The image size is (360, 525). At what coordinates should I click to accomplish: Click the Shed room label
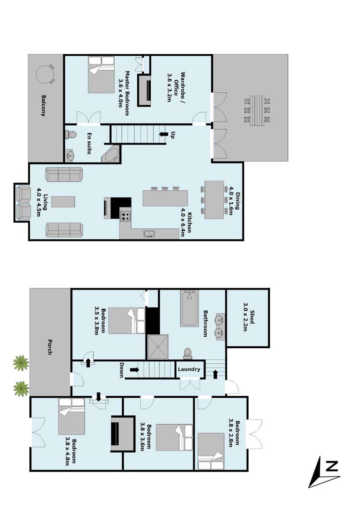click(249, 317)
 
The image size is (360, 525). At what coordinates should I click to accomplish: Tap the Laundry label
click(189, 369)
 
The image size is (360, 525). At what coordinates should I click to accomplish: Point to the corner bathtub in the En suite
click(112, 155)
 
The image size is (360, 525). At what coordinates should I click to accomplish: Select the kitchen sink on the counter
click(150, 234)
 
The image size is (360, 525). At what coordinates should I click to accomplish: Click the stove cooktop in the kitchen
click(125, 216)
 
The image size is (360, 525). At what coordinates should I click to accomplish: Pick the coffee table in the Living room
click(63, 202)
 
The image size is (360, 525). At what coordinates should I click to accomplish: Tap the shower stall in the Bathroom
click(158, 347)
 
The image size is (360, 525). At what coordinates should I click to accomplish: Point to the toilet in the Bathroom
click(188, 354)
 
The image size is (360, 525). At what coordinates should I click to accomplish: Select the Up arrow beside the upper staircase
click(163, 134)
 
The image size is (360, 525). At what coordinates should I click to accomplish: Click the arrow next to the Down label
click(135, 370)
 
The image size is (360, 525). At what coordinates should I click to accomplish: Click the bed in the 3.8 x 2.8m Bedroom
click(211, 451)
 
